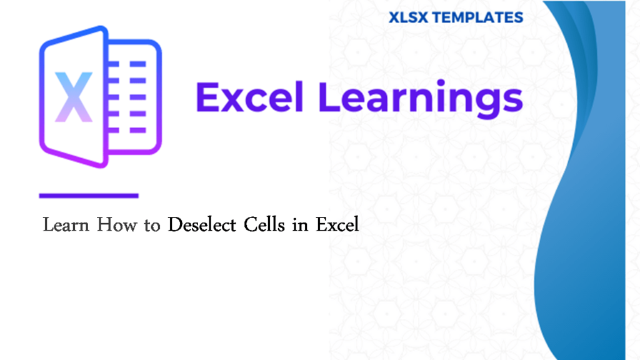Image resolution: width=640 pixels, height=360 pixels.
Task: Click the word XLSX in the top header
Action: (x=408, y=17)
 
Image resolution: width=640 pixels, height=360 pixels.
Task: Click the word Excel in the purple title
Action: (x=249, y=98)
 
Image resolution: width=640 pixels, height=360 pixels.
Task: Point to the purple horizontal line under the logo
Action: (x=89, y=196)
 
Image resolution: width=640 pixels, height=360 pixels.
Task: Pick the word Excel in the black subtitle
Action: (x=337, y=224)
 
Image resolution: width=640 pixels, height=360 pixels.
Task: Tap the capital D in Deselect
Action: (x=174, y=224)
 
